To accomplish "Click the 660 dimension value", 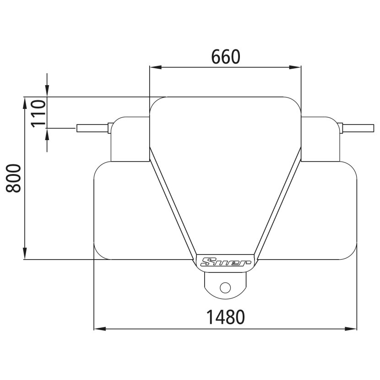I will (225, 56).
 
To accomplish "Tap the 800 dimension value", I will (14, 178).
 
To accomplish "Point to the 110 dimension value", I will (39, 112).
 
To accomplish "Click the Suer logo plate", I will (226, 262).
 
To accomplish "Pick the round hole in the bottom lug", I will (225, 287).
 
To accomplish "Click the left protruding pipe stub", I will (92, 128).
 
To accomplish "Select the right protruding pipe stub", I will (359, 128).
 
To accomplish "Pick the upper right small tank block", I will (320, 140).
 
